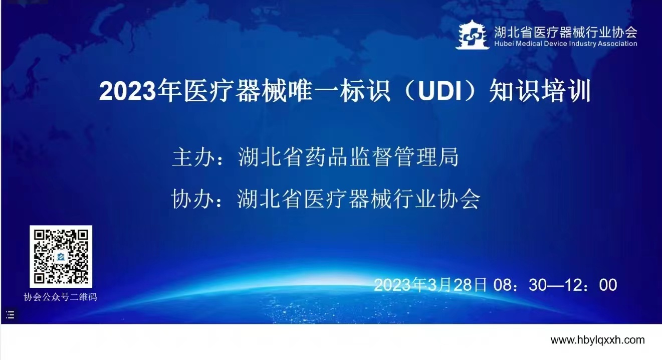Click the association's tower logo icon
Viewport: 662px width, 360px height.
(x=472, y=35)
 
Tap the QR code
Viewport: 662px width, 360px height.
(x=61, y=257)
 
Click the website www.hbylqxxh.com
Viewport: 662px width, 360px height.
(x=597, y=340)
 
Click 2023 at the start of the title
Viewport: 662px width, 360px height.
(x=128, y=92)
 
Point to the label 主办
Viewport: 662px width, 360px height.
(x=193, y=157)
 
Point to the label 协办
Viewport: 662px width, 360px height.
(x=193, y=199)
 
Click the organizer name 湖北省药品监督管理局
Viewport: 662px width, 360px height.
(x=348, y=157)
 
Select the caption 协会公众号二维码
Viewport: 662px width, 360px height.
(x=60, y=297)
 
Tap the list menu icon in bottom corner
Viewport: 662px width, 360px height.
(x=10, y=315)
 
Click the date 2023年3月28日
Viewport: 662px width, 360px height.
(x=430, y=285)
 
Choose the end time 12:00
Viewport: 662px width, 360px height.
(x=590, y=285)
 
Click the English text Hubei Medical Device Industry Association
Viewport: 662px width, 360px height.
(x=566, y=44)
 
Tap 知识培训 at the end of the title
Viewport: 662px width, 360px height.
(x=540, y=92)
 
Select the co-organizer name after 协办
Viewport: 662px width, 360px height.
(x=359, y=199)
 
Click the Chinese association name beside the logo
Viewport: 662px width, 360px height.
(x=566, y=32)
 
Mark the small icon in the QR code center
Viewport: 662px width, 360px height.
(x=61, y=257)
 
